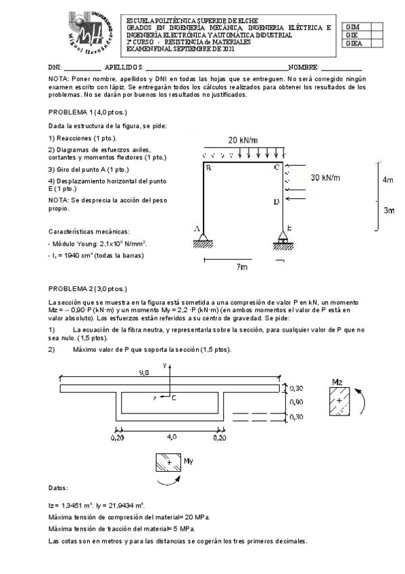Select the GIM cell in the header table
352,26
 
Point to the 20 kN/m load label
243,140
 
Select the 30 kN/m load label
325,177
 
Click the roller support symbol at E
284,239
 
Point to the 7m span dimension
242,267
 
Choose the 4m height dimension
387,180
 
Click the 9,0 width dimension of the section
144,373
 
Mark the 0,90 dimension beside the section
296,401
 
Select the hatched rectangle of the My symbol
168,462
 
